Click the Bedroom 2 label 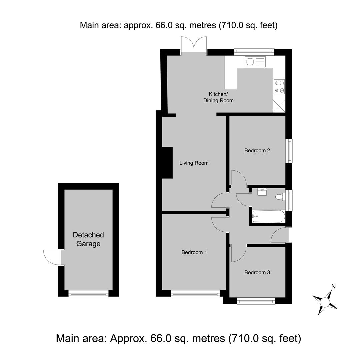point(257,151)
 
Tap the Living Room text point(194,163)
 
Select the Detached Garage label point(88,239)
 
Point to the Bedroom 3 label point(257,273)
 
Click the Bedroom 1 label point(194,252)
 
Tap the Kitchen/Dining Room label point(218,97)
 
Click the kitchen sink point(255,62)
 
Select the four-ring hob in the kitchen point(279,87)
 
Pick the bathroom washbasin point(262,192)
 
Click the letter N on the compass point(334,286)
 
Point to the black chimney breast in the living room point(167,163)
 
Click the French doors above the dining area point(194,45)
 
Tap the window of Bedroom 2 point(290,151)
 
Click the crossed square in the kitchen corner point(279,106)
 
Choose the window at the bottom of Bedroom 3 point(256,301)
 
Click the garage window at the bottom point(88,293)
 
